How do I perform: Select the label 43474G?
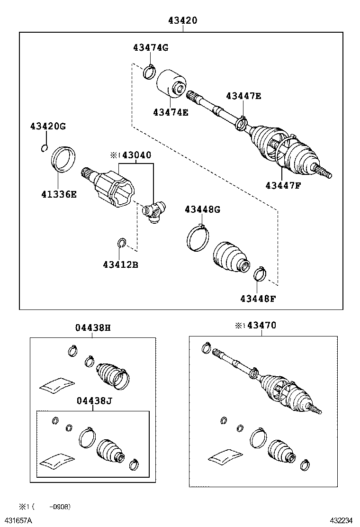coord(151,47)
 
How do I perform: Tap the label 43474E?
coord(171,112)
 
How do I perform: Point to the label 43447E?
coord(243,96)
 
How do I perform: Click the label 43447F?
coord(283,185)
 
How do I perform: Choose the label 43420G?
coord(48,126)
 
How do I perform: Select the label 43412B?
coord(120,264)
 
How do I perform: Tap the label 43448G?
coord(202,209)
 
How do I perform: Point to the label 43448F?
coord(258,299)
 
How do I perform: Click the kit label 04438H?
coord(93,327)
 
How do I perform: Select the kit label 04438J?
coord(94,401)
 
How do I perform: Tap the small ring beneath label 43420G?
coord(44,148)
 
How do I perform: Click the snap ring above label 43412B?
coord(121,244)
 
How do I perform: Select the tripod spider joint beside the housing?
coord(154,210)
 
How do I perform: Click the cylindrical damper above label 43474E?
coord(171,84)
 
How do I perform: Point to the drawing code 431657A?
coord(19,520)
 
